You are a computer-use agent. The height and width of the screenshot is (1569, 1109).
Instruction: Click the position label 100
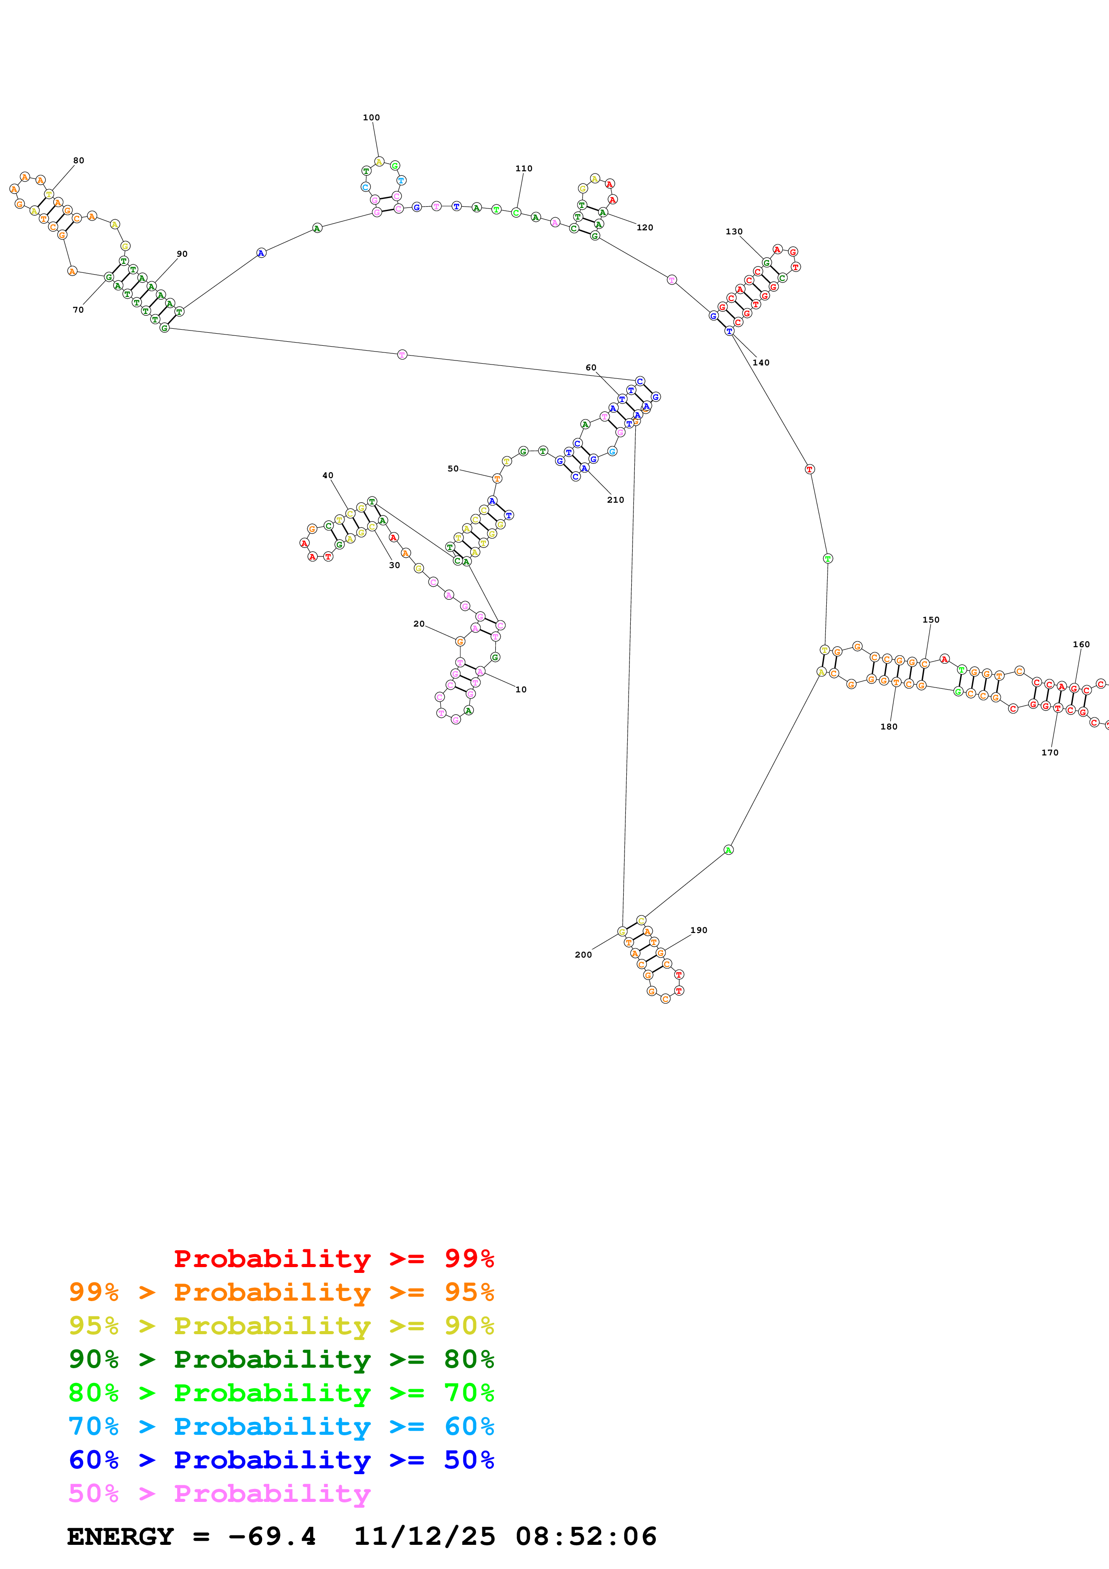coord(371,118)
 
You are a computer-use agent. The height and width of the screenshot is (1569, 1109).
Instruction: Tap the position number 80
coord(79,161)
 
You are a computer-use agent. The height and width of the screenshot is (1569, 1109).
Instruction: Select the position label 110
coord(523,168)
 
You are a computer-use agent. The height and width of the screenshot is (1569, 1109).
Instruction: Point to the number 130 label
coord(734,232)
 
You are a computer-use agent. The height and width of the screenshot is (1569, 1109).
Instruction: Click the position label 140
coord(761,363)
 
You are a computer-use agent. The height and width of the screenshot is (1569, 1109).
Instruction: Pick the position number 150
coord(931,620)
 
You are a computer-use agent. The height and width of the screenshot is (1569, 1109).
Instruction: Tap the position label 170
coord(1050,752)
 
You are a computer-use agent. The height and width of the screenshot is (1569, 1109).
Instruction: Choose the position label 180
coord(888,726)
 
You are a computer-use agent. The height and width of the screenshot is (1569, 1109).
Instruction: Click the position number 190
coord(698,930)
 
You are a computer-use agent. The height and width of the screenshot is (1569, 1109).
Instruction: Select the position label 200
coord(583,954)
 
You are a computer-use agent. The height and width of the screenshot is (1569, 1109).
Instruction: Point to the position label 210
coord(615,500)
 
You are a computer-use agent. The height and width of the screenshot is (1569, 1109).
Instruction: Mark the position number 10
coord(521,690)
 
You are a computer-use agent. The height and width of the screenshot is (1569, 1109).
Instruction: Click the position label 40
coord(327,475)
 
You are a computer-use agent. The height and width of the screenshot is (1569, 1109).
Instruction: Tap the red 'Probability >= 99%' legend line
coord(333,1259)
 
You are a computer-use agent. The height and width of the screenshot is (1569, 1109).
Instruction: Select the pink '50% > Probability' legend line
coord(219,1494)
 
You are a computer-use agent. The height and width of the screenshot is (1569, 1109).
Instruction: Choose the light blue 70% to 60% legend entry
coord(281,1427)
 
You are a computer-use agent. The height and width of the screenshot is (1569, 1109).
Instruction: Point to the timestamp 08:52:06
coord(586,1537)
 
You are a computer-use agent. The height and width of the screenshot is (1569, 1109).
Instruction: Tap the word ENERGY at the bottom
coord(120,1537)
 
